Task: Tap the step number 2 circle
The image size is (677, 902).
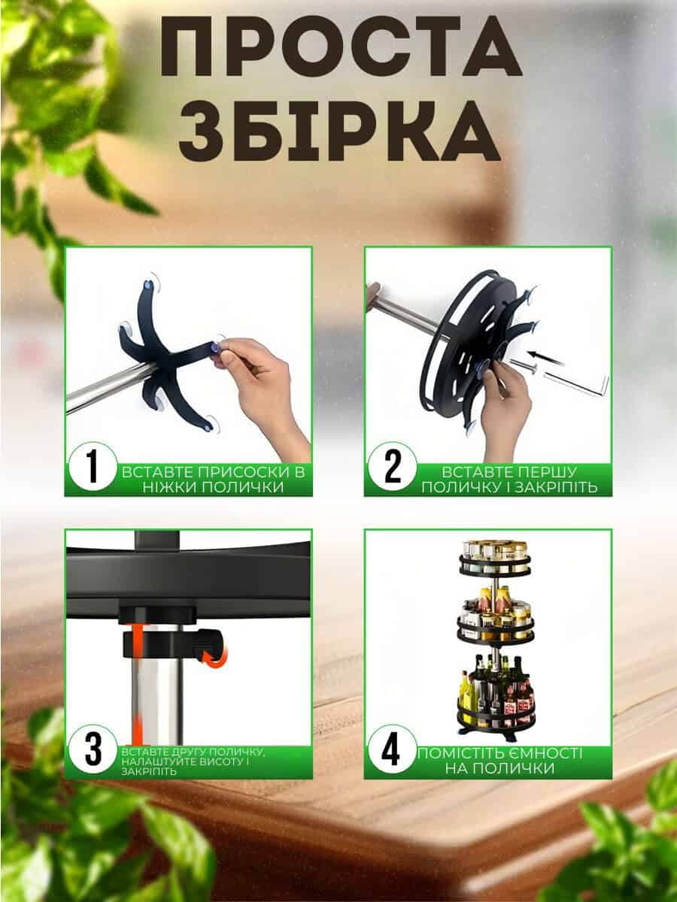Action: (x=392, y=467)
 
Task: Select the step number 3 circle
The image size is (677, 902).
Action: (x=93, y=749)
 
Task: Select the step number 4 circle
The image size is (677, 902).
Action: (x=392, y=749)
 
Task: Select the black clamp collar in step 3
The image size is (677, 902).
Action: (x=173, y=644)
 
